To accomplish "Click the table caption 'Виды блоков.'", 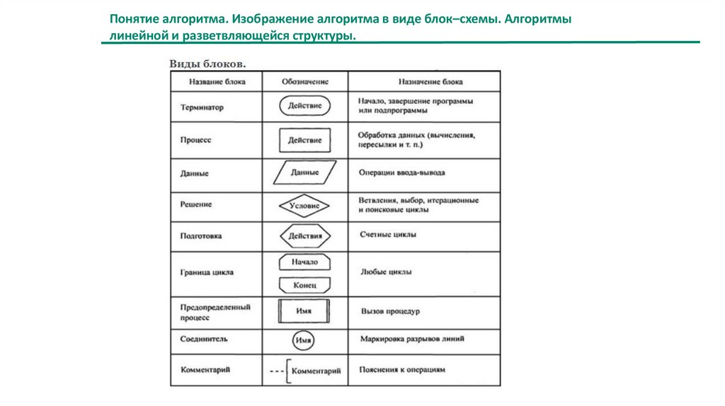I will pyautogui.click(x=207, y=64).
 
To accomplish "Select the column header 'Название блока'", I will pyautogui.click(x=217, y=81).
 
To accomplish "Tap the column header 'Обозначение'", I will pyautogui.click(x=304, y=81).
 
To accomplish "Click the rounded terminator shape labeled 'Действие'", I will pyautogui.click(x=304, y=107).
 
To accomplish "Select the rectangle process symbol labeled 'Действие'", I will pyautogui.click(x=304, y=140).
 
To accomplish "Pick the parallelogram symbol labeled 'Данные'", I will pyautogui.click(x=304, y=172).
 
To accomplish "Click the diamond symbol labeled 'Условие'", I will pyautogui.click(x=304, y=206).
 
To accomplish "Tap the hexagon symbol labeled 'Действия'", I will pyautogui.click(x=304, y=236).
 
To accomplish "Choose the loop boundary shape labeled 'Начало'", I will pyautogui.click(x=304, y=262).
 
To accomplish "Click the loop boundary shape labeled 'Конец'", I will pyautogui.click(x=304, y=285).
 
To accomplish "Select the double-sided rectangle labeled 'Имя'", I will pyautogui.click(x=304, y=311).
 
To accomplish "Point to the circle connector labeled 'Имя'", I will pyautogui.click(x=304, y=340).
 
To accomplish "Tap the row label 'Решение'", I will pyautogui.click(x=196, y=204).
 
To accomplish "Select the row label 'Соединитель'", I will pyautogui.click(x=204, y=340).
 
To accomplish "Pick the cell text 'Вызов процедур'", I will pyautogui.click(x=390, y=311).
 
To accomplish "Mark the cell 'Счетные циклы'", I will pyautogui.click(x=387, y=234).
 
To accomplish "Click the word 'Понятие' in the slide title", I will pyautogui.click(x=132, y=19).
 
